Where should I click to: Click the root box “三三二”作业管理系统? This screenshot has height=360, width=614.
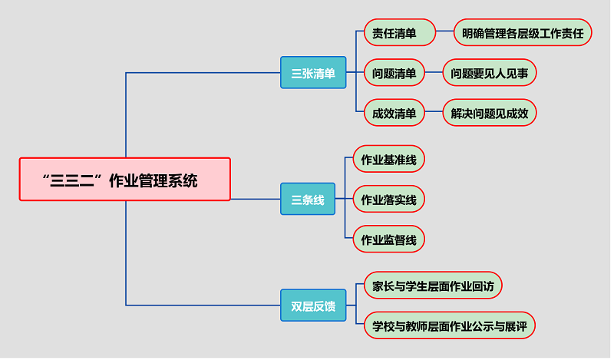click(x=124, y=179)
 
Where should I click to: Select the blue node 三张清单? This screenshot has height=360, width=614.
click(x=313, y=74)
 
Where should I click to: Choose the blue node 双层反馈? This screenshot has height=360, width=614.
click(x=313, y=306)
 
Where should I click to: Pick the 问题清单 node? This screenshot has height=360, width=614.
click(x=394, y=74)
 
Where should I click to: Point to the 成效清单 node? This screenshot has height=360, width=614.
click(x=394, y=114)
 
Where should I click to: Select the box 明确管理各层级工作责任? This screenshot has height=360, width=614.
click(x=523, y=34)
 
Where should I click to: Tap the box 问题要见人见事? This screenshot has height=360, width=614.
click(x=490, y=74)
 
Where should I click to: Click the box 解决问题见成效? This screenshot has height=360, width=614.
click(x=490, y=114)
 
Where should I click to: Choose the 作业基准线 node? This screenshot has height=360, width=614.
click(x=388, y=160)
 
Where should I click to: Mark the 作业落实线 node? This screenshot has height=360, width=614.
click(x=388, y=200)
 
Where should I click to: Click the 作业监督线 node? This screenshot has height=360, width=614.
click(x=388, y=239)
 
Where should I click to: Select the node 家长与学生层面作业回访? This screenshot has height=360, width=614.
click(x=433, y=286)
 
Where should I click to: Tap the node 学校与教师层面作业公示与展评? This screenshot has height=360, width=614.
click(x=449, y=325)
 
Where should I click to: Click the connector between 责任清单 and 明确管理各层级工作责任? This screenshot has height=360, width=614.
click(x=445, y=34)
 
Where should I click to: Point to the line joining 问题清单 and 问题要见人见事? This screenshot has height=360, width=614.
click(x=434, y=74)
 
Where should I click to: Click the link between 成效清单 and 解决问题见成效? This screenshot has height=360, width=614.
click(x=434, y=114)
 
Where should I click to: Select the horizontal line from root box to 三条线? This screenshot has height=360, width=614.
click(x=256, y=200)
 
